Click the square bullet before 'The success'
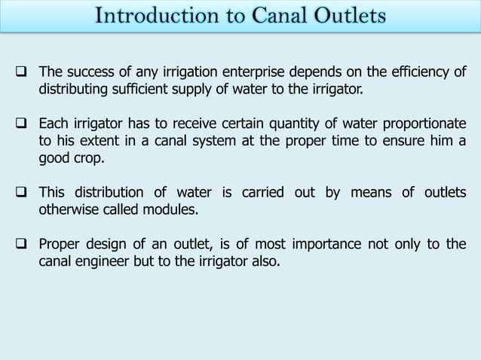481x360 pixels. coord(20,73)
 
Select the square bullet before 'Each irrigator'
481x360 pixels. coord(20,124)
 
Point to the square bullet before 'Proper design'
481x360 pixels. coord(20,244)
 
